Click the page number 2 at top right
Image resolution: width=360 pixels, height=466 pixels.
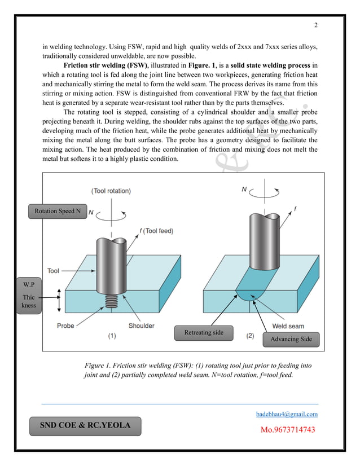click(316, 25)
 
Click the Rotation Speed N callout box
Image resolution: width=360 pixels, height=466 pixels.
click(58, 211)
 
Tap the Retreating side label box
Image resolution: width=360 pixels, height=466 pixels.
click(204, 332)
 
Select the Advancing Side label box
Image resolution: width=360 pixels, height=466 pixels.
click(292, 339)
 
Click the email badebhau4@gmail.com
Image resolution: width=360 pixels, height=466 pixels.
click(287, 414)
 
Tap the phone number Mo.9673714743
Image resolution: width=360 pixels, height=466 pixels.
click(287, 430)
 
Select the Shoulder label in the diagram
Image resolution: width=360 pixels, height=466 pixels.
click(142, 326)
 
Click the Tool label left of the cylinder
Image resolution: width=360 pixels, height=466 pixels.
click(53, 271)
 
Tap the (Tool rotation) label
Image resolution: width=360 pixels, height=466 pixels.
click(111, 191)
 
